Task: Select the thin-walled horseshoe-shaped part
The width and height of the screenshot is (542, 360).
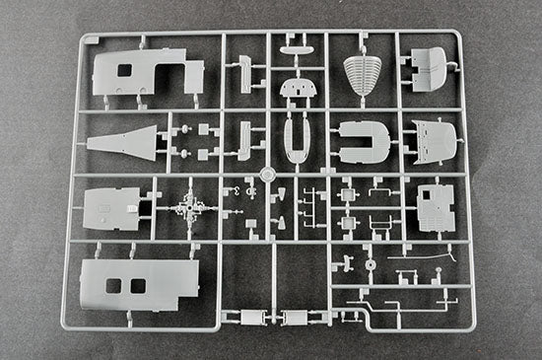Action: click(295, 140)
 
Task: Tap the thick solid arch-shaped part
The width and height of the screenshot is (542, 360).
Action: click(362, 142)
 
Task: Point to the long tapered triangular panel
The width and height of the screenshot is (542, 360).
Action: click(126, 140)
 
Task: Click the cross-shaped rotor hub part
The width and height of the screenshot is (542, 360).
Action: click(186, 209)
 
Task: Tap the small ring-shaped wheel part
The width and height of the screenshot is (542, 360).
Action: click(370, 265)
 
